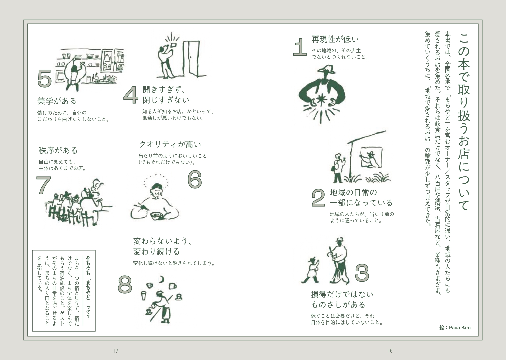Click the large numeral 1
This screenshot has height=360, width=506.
(300, 47)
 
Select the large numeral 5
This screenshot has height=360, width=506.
(45, 78)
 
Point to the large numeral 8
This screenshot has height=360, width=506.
(125, 284)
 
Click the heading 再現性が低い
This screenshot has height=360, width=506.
(335, 39)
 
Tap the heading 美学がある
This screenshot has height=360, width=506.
(57, 101)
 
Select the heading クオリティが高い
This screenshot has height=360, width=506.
(170, 144)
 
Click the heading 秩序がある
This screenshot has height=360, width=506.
(58, 150)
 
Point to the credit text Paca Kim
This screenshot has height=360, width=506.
(460, 328)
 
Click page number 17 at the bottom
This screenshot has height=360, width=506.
(116, 351)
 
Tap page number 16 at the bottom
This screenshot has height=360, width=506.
(390, 351)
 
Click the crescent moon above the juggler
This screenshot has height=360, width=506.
(161, 280)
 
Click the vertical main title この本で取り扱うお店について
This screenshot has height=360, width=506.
(464, 122)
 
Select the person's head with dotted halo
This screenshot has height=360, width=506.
(156, 190)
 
